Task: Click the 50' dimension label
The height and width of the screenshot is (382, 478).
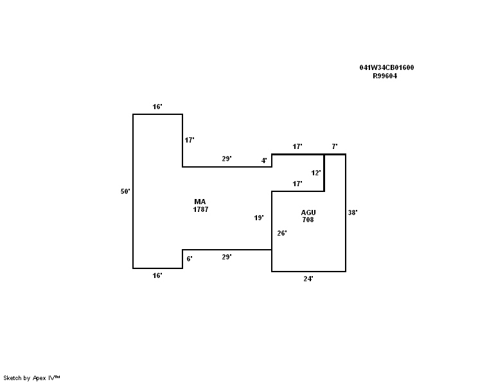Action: point(125,191)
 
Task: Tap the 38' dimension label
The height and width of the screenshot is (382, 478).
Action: point(353,213)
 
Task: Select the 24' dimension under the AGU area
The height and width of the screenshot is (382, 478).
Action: point(308,279)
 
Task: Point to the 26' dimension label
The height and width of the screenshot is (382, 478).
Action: point(281,233)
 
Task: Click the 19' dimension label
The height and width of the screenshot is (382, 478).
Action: point(259,218)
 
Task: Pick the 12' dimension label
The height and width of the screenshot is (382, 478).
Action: point(316,173)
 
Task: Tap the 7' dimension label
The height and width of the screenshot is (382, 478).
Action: point(334,147)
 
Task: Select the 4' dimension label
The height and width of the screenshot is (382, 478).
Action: point(264,161)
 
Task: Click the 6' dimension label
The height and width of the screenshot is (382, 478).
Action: point(190,259)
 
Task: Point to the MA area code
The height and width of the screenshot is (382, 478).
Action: point(200,202)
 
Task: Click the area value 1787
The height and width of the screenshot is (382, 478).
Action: point(200,210)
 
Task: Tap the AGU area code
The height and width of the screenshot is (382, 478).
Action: point(308,213)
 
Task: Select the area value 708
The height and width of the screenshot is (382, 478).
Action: point(308,220)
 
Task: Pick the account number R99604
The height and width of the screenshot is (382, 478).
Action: point(385,76)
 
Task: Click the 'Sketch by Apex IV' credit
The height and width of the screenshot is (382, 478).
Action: point(31,378)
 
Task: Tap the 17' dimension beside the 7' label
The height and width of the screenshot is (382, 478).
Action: point(297,147)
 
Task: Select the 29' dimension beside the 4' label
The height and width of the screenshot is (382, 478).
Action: point(227,159)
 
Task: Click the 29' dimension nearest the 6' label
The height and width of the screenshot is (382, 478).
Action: point(227,257)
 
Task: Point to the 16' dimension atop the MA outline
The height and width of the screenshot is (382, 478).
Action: point(157,107)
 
